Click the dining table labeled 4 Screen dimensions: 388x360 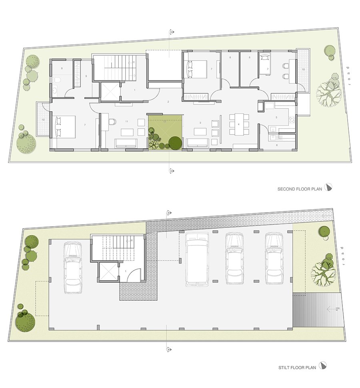point(238,124)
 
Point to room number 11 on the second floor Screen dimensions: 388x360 point(127,121)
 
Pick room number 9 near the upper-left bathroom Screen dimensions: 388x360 point(86,76)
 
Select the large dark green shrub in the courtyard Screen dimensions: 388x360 point(174,143)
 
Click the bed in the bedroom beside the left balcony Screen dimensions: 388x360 point(65,126)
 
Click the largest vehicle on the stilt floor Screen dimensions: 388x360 point(197,259)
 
